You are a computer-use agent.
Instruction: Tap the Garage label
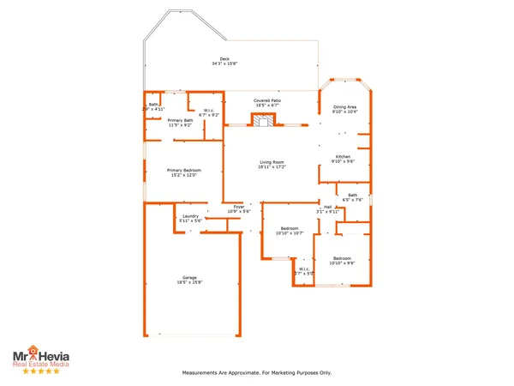[189, 278]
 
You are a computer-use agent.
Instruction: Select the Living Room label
[272, 161]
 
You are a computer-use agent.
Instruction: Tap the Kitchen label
[343, 156]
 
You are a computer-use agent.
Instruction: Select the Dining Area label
[344, 106]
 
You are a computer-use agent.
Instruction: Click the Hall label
[327, 207]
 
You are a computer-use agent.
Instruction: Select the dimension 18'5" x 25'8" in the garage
[189, 283]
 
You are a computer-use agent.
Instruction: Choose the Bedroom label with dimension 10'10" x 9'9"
[343, 257]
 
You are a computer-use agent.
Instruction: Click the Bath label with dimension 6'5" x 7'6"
[352, 195]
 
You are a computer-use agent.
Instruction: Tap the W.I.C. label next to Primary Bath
[209, 110]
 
